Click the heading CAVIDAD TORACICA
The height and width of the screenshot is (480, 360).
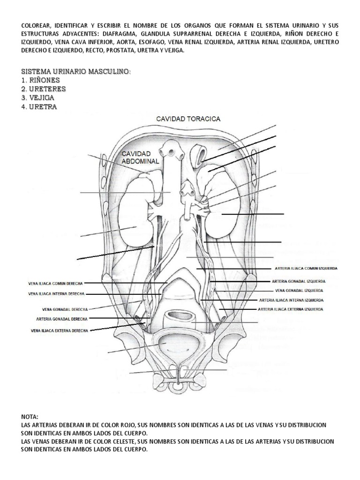coord(188,119)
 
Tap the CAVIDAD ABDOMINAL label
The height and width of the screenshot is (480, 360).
coord(140,157)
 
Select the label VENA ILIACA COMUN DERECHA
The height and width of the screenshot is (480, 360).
coord(55,284)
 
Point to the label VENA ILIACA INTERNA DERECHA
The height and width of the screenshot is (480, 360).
coord(56,294)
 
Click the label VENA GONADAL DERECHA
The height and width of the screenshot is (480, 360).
coord(65,309)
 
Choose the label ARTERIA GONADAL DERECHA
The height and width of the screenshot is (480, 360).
coord(62,319)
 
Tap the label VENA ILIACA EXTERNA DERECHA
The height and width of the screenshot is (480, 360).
coord(60,330)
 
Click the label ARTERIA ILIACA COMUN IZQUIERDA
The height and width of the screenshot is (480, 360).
coord(306,269)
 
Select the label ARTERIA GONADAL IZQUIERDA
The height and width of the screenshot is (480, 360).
coord(299,281)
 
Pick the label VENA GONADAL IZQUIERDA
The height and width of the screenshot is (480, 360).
coord(299,291)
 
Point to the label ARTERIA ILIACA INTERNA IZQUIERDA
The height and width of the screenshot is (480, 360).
coord(291,300)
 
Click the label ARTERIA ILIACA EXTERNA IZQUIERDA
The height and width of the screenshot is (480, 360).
coord(290,309)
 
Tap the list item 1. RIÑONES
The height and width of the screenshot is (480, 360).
coord(40,80)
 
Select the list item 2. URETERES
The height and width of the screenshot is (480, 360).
coord(44,89)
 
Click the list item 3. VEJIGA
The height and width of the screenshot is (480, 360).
coord(37,98)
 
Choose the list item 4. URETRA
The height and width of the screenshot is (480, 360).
coord(39,107)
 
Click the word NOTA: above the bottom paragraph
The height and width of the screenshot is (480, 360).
coord(30,417)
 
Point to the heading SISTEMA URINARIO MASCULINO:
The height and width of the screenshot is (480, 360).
coord(76,72)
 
